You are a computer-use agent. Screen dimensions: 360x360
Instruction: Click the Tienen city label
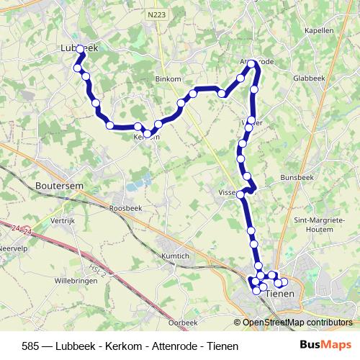[x=280, y=294]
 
